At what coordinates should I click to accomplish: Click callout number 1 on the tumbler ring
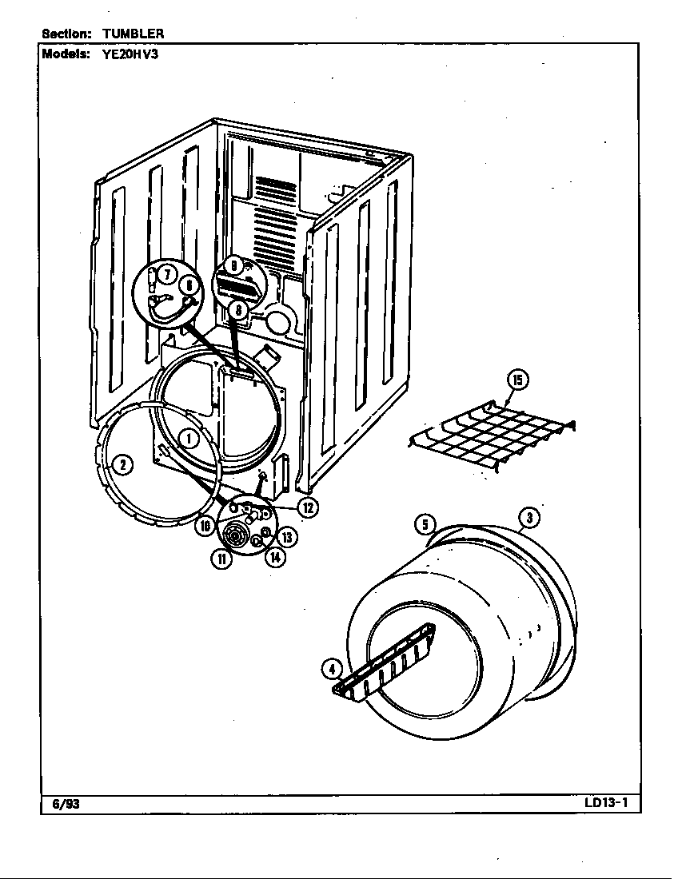tap(189, 438)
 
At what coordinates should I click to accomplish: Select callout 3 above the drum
tap(528, 519)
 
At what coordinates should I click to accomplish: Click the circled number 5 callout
tap(425, 525)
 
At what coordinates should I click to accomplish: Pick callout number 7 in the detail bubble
tap(166, 274)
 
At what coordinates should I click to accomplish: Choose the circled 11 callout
tap(221, 559)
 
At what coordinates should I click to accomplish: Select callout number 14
tap(274, 557)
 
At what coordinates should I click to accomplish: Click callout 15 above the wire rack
tap(517, 380)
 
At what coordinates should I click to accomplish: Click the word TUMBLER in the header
tap(133, 33)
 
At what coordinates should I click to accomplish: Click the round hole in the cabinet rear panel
tap(277, 322)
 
